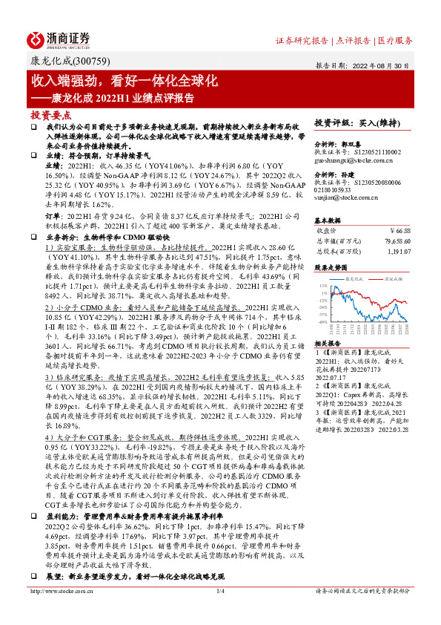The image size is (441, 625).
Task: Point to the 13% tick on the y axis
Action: click(324, 285)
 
